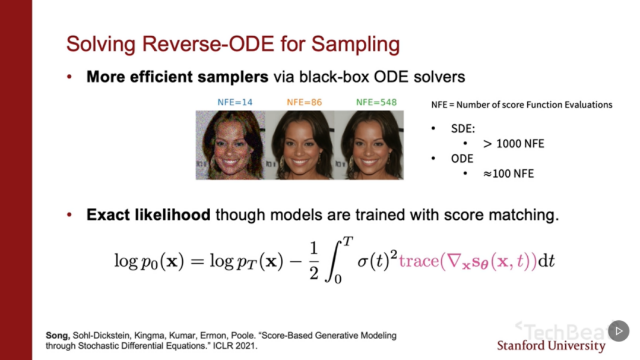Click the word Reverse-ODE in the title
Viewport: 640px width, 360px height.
[208, 44]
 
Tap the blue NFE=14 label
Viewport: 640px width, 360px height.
[235, 102]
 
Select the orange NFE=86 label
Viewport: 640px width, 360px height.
[304, 102]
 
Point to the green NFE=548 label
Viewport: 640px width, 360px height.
[376, 102]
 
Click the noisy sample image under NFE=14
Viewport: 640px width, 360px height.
[230, 145]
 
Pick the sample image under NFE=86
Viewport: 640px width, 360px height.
[300, 145]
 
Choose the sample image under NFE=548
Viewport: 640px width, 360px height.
[369, 145]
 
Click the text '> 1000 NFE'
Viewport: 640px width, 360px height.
[514, 144]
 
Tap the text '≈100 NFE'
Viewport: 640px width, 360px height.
[508, 173]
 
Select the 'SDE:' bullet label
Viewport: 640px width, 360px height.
[463, 129]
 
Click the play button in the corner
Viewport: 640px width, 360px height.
[619, 330]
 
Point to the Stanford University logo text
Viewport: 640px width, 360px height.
[551, 346]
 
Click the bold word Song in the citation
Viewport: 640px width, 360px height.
[58, 336]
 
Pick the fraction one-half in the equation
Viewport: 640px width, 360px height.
[313, 261]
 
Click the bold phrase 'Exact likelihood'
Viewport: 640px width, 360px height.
[148, 215]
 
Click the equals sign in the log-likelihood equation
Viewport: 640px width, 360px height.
[197, 261]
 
